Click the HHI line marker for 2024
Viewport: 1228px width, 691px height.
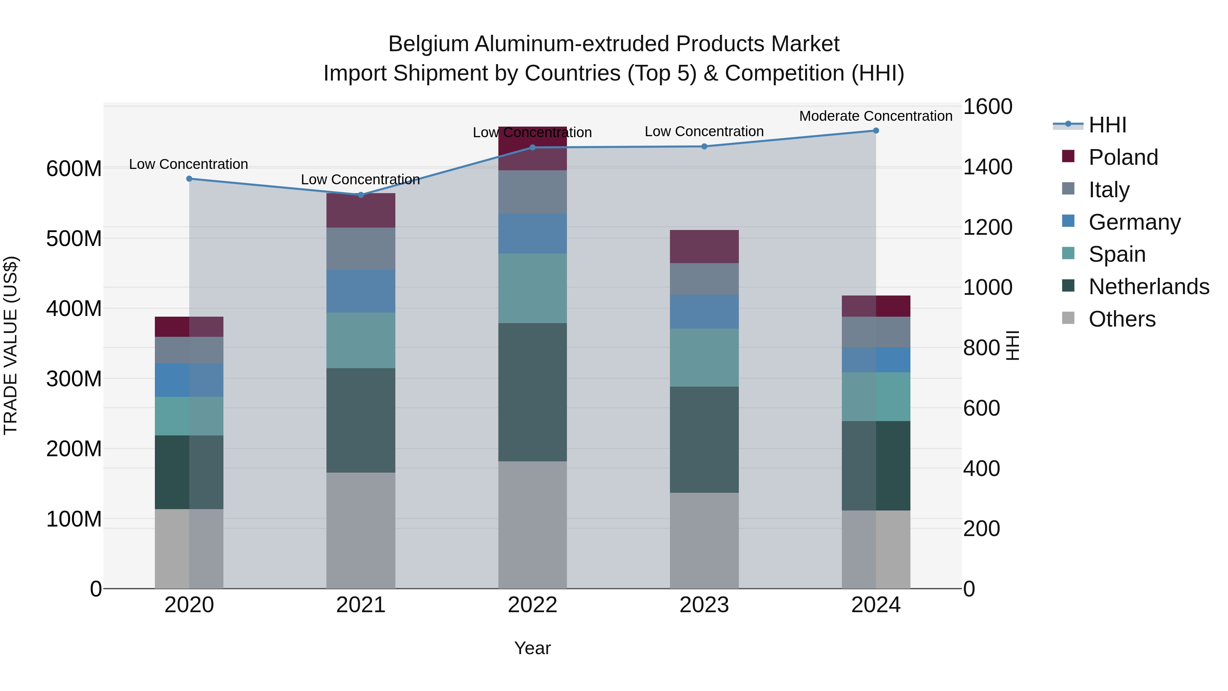pos(876,131)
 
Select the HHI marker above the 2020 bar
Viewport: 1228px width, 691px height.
pos(189,179)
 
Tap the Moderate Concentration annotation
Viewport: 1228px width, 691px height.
pos(876,116)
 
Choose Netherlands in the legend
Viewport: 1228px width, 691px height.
pos(1149,287)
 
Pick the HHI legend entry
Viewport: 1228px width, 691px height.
pos(1107,125)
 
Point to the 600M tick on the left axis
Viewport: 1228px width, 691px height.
pos(74,169)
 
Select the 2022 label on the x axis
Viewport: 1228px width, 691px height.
pos(532,605)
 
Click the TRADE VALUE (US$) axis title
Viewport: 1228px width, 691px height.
pos(11,345)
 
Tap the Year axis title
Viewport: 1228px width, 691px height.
pos(532,648)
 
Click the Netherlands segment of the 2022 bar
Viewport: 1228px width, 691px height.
pos(532,392)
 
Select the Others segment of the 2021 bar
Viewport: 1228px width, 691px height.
pos(361,530)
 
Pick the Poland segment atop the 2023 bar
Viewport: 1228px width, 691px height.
pos(704,247)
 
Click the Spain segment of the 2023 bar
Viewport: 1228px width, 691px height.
pos(704,357)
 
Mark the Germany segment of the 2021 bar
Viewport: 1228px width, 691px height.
pos(361,291)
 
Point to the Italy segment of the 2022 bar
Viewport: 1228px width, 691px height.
pos(532,192)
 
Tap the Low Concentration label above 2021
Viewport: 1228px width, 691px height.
pos(361,180)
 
